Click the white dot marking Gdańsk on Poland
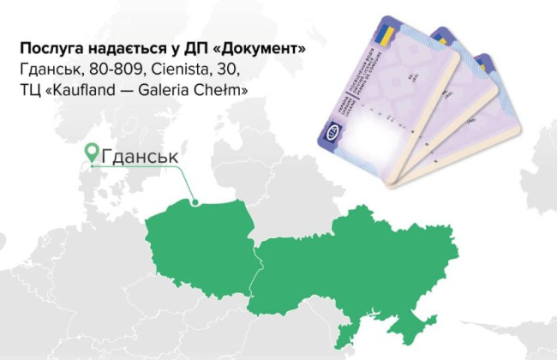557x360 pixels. pos(196,203)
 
